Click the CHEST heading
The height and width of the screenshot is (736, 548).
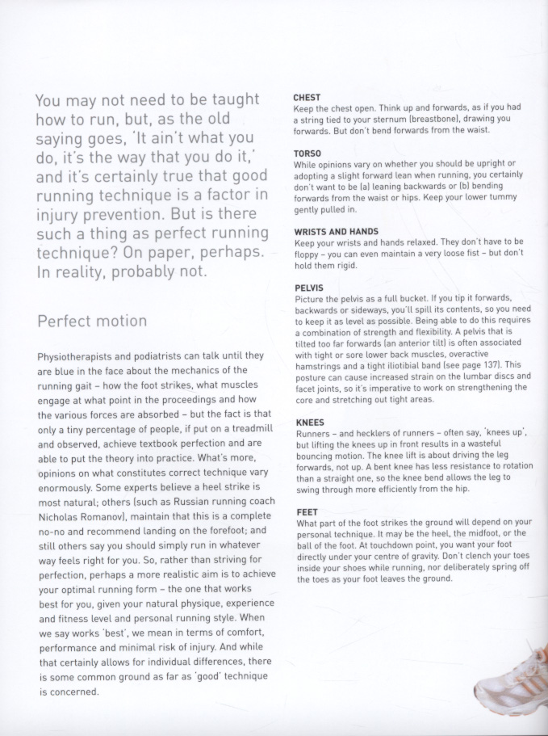point(307,98)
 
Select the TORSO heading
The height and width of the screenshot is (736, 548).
point(307,153)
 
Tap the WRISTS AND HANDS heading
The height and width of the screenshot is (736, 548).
point(337,232)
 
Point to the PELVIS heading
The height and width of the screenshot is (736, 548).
point(309,288)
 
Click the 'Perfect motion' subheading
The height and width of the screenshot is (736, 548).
point(92,321)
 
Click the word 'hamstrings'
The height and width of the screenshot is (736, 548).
point(320,365)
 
